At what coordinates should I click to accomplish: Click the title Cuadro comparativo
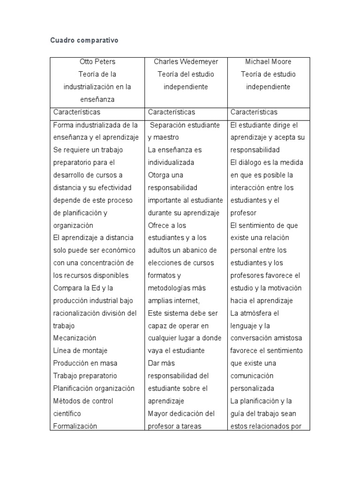[84, 40]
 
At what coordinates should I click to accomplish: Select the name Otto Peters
[97, 62]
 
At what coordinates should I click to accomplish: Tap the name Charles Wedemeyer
[186, 62]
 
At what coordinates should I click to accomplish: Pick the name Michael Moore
[268, 62]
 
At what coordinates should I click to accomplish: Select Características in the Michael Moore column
[254, 112]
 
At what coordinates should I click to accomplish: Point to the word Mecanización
[75, 338]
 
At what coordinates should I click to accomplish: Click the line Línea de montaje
[80, 351]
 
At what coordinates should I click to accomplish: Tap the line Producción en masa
[85, 363]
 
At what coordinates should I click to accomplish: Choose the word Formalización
[75, 426]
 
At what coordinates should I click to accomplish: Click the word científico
[67, 413]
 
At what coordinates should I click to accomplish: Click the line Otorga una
[165, 175]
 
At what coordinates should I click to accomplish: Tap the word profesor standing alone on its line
[243, 213]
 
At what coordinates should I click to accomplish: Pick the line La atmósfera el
[255, 313]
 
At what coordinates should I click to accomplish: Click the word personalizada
[253, 388]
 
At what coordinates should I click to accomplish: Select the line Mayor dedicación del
[181, 413]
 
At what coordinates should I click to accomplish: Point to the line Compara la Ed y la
[83, 288]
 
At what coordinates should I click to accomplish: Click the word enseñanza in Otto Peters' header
[97, 99]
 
